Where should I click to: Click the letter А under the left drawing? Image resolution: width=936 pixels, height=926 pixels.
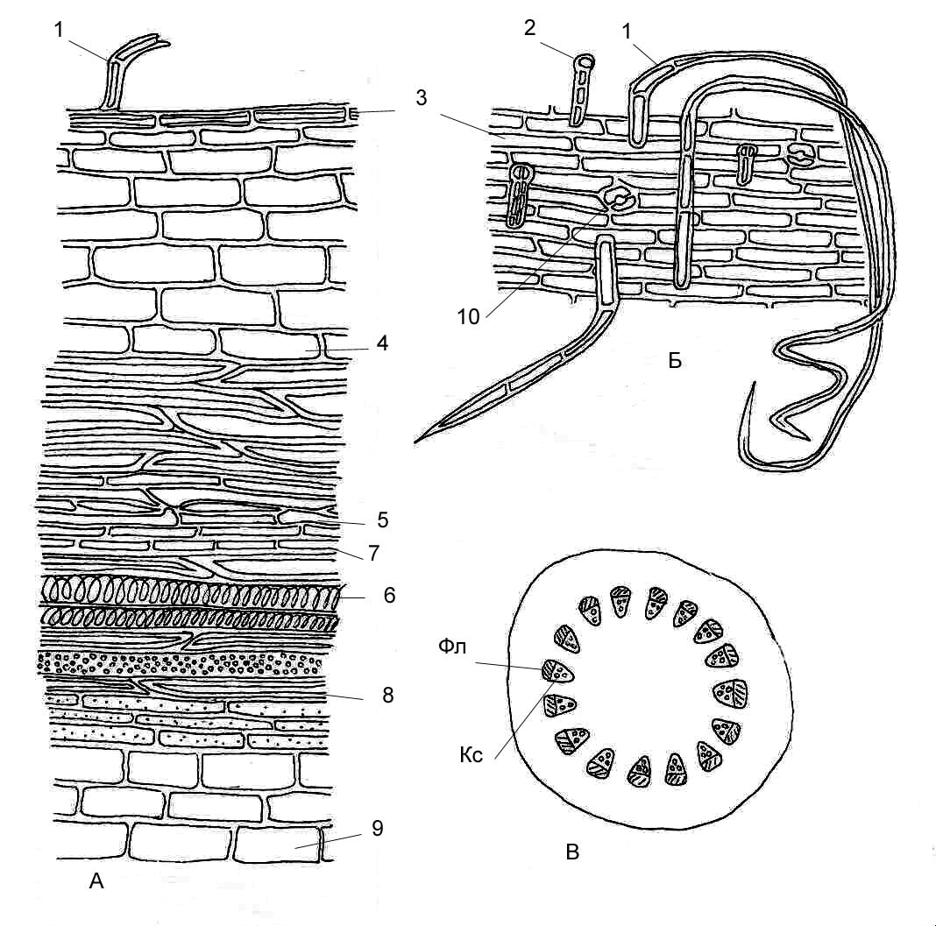click(x=96, y=880)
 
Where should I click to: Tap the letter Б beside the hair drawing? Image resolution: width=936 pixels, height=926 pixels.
click(x=675, y=361)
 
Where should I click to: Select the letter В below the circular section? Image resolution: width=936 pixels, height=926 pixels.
click(x=572, y=852)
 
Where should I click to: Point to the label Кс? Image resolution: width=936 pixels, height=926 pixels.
click(x=471, y=755)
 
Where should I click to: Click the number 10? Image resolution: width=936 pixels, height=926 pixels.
click(x=469, y=317)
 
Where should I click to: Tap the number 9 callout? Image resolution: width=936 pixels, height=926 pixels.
click(x=377, y=828)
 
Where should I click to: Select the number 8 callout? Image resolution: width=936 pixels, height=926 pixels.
click(x=388, y=695)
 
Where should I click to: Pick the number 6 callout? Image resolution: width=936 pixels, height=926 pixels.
click(x=389, y=595)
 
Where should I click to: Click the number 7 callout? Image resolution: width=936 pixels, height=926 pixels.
click(x=373, y=553)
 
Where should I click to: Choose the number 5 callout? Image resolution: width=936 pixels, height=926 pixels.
click(x=383, y=520)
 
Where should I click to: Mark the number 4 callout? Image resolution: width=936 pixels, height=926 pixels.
click(x=383, y=343)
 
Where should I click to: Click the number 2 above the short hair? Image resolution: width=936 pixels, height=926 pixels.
click(x=530, y=27)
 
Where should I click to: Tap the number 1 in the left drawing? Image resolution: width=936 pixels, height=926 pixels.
click(x=59, y=29)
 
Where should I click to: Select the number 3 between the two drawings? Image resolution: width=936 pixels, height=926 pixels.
click(x=422, y=98)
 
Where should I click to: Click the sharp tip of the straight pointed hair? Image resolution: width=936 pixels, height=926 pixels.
click(x=415, y=442)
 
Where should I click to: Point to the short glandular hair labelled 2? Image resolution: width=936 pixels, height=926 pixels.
click(x=581, y=90)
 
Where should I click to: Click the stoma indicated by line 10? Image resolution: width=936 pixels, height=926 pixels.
click(x=617, y=199)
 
